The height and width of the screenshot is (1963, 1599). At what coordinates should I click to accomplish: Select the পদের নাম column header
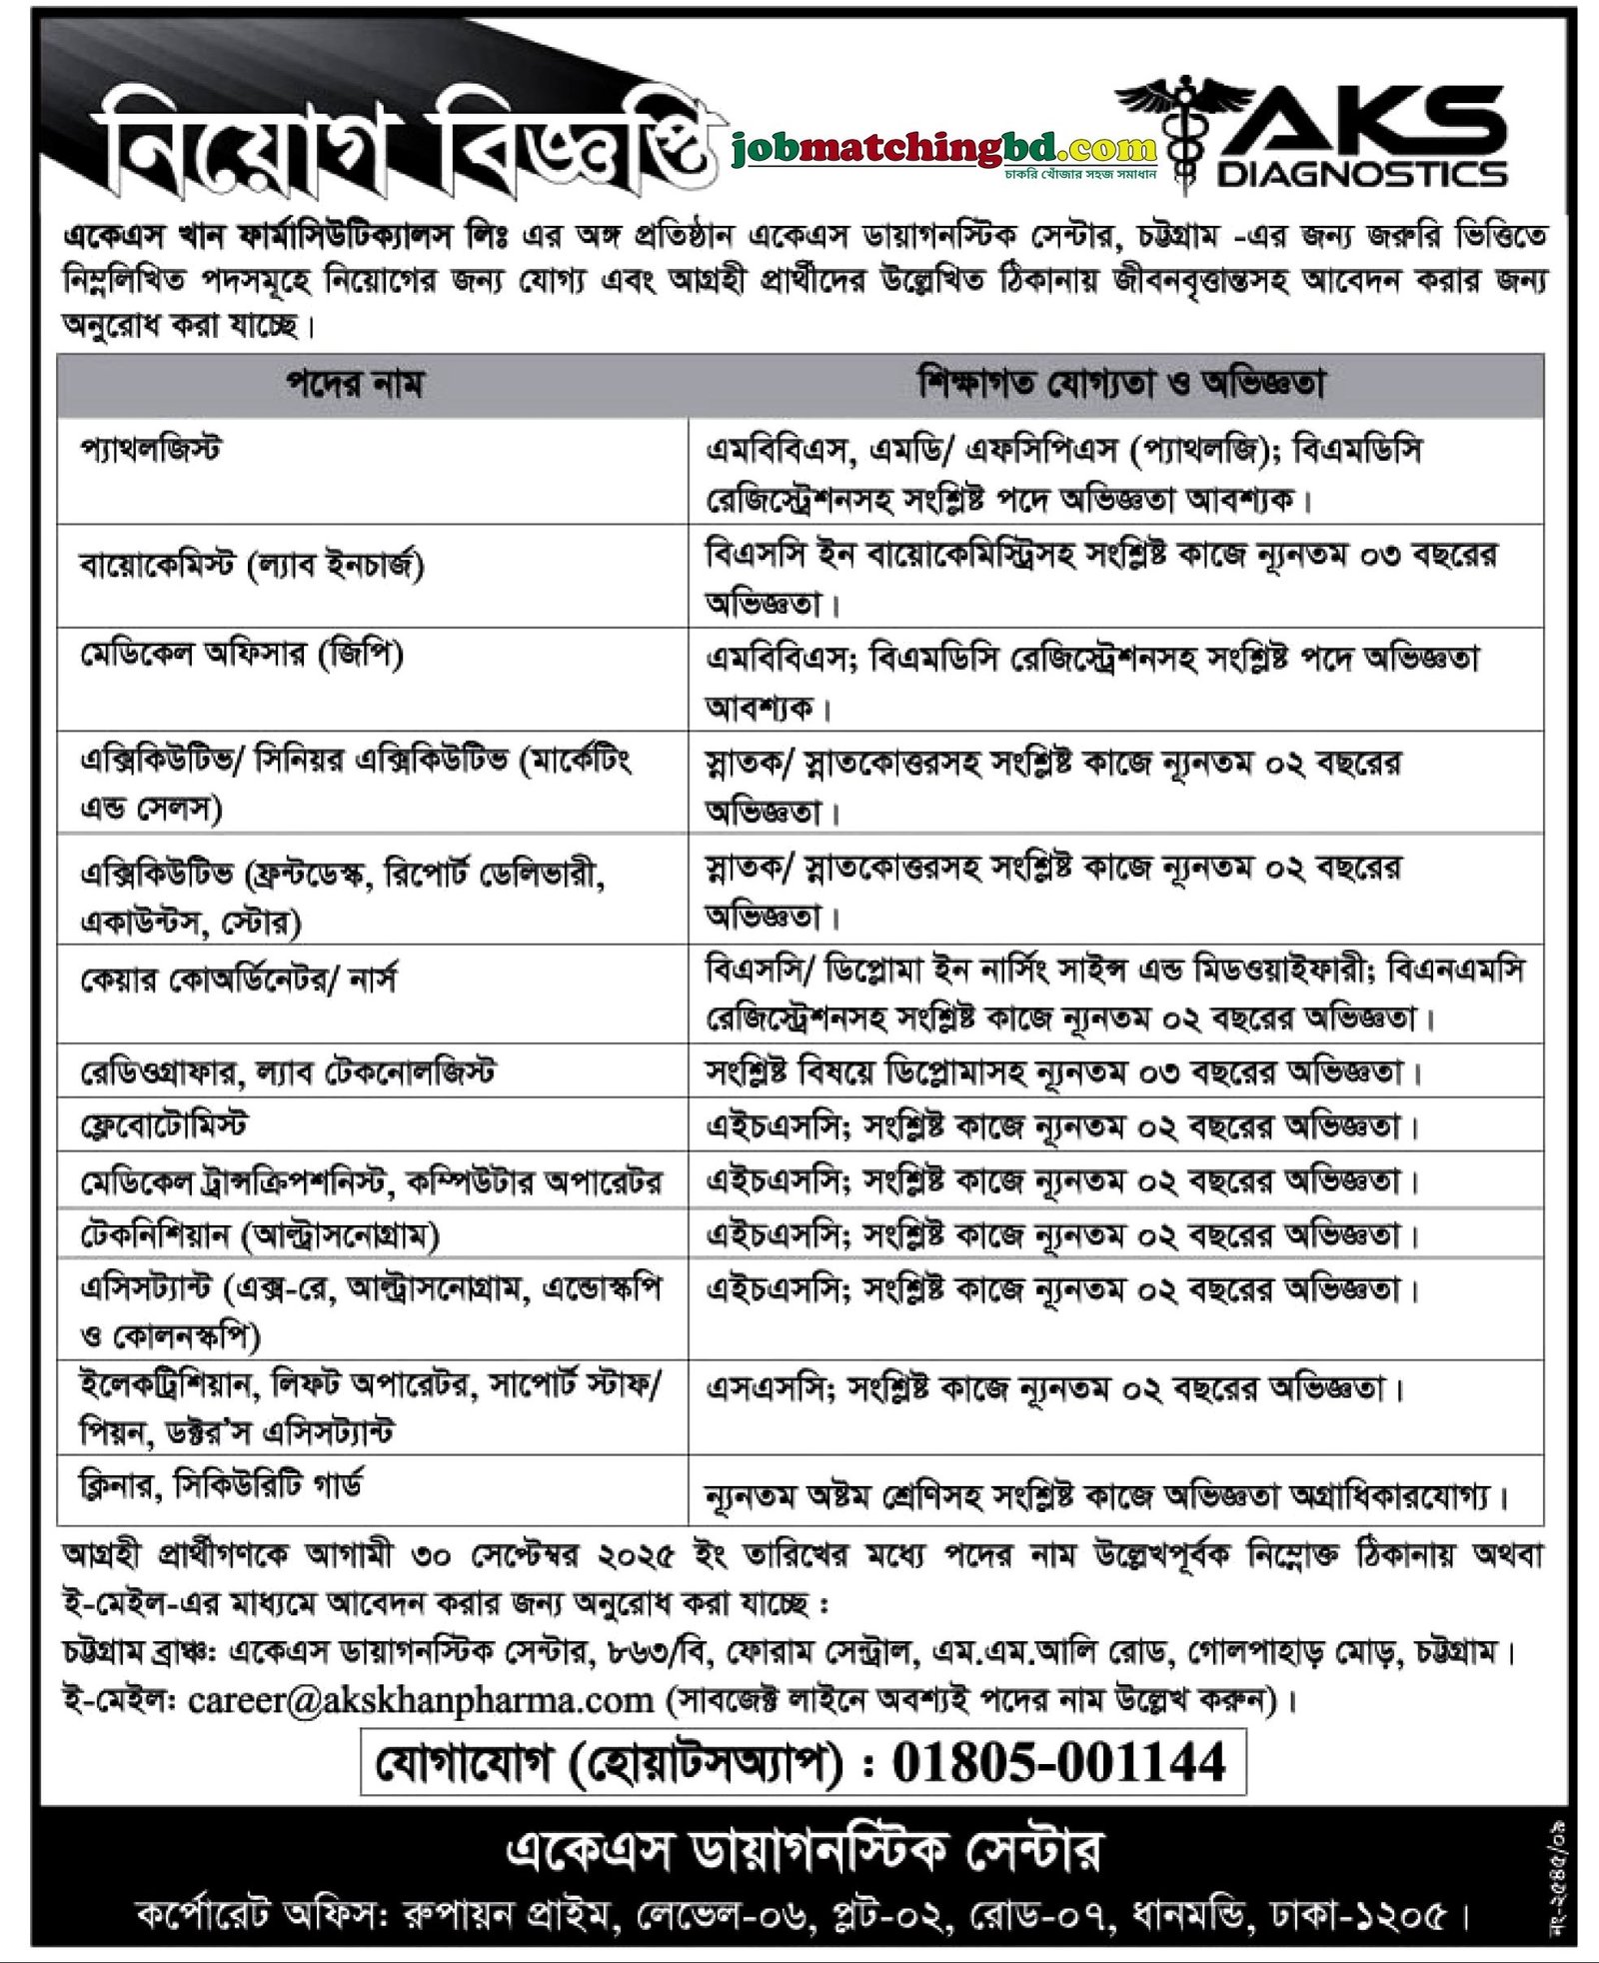point(356,385)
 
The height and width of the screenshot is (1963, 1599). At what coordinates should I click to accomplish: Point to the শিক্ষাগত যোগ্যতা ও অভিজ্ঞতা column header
point(1120,384)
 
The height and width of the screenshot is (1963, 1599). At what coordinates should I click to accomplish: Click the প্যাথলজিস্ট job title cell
point(151,450)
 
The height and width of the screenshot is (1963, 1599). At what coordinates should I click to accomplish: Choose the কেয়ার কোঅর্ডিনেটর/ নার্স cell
point(239,980)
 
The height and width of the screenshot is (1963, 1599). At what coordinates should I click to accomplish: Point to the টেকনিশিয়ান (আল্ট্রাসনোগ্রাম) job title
point(260,1236)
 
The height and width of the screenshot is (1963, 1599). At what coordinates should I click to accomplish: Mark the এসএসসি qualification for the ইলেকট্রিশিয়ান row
point(1055,1389)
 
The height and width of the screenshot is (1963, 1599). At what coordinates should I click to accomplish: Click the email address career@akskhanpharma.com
point(421,1699)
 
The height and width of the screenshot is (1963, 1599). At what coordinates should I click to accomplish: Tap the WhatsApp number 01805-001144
point(1059,1762)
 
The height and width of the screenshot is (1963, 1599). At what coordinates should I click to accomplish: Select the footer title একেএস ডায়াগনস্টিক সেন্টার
point(804,1850)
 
